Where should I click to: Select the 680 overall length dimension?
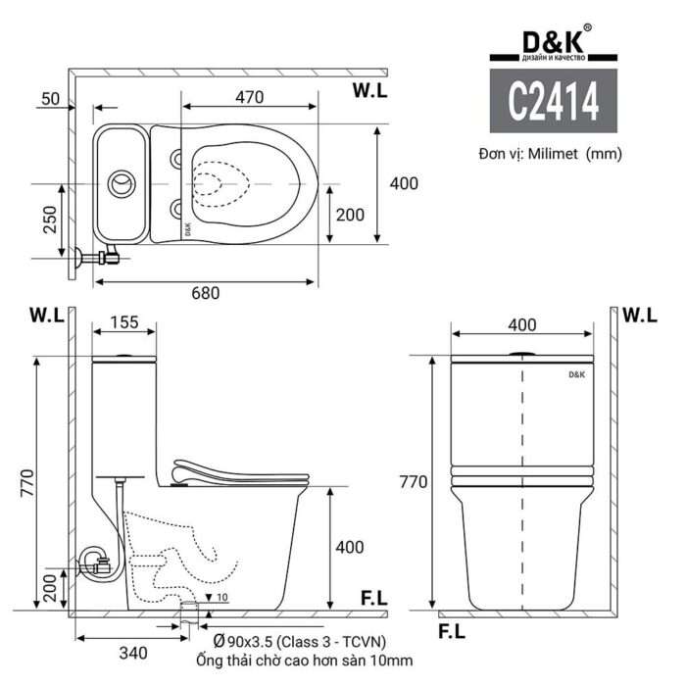pos(205,292)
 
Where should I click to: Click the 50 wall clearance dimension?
pos(51,98)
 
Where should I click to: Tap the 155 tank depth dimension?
pos(123,321)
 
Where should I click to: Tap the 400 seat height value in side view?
pos(350,547)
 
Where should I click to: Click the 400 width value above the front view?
pos(523,324)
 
